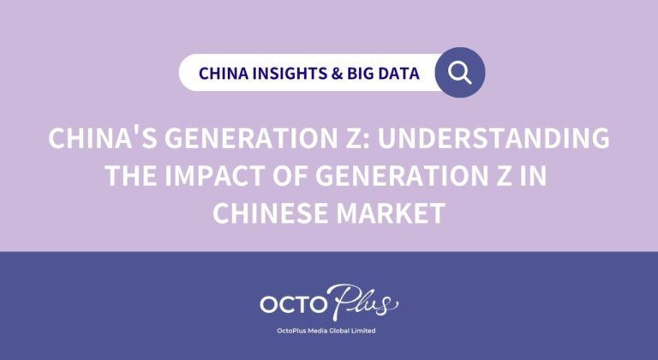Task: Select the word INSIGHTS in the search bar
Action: [x=284, y=73]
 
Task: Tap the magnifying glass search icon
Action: [x=460, y=72]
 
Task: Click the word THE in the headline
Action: [x=131, y=176]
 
